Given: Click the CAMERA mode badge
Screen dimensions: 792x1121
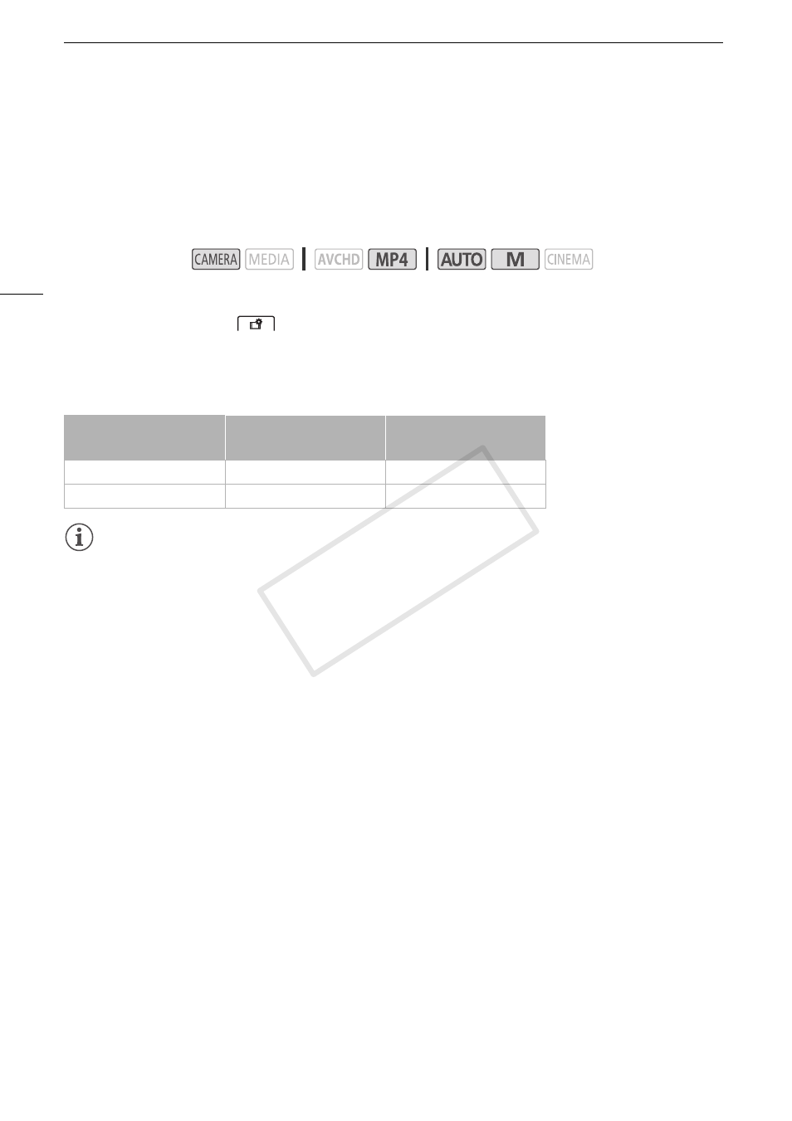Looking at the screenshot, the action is (216, 259).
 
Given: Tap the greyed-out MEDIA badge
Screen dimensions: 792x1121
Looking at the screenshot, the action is (269, 259).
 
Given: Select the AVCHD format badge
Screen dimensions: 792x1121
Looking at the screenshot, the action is (339, 259).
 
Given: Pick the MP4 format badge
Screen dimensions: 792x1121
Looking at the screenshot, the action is (392, 259).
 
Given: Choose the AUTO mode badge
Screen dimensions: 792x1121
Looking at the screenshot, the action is (462, 259).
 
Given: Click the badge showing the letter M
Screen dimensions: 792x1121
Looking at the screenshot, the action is (516, 259).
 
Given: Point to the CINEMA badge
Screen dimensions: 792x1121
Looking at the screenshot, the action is (569, 259).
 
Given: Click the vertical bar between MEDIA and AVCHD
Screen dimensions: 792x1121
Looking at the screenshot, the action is (304, 259).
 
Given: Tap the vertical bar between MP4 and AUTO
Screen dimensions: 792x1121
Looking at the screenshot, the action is (427, 259).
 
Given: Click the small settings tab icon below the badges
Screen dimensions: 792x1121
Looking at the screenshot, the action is (256, 324).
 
